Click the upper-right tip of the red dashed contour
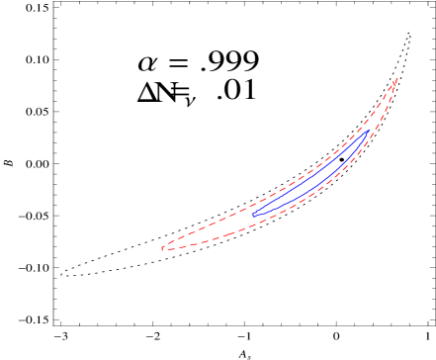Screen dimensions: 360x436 pos(395,79)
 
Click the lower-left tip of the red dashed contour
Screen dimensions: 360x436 pos(162,248)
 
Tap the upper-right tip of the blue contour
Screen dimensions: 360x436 pos(369,131)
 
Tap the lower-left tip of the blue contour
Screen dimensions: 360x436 pos(252,214)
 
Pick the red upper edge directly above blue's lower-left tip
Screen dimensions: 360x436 pos(252,204)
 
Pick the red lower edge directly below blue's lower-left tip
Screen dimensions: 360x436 pos(252,227)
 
